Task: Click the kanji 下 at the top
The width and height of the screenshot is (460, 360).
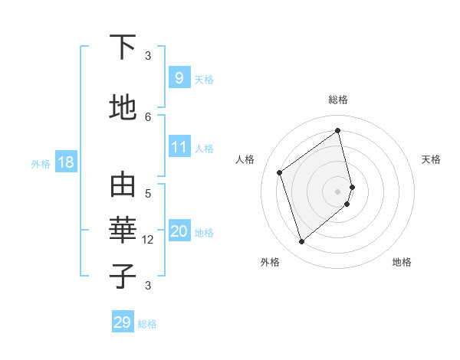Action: (123, 48)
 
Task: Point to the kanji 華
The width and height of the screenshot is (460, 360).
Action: (123, 231)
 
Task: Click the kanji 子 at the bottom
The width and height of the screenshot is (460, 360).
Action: (123, 277)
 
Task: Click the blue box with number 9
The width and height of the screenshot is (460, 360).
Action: (179, 77)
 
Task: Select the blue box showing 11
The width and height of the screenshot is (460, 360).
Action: (179, 147)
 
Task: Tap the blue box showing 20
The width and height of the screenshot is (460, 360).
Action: (179, 231)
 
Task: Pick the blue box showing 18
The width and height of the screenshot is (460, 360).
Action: (65, 162)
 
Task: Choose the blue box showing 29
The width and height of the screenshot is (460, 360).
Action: (123, 322)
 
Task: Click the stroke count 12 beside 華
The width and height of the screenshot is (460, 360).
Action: (148, 240)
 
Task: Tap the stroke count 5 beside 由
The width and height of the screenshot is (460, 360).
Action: (148, 194)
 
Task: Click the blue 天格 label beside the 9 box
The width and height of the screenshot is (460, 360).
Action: (204, 80)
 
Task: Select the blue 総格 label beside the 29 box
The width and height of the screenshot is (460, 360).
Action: (147, 324)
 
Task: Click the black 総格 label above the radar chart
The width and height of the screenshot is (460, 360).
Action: (338, 100)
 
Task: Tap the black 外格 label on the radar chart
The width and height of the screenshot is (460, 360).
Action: (270, 262)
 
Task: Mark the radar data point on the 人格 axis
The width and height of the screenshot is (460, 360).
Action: (280, 172)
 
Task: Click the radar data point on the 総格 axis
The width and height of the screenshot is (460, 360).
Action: (338, 130)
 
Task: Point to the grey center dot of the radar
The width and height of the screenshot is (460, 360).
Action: (338, 191)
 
